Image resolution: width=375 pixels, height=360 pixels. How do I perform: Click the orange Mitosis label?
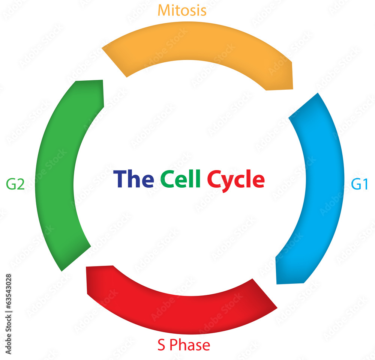click(x=182, y=10)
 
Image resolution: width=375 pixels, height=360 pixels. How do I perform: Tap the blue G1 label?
click(x=359, y=184)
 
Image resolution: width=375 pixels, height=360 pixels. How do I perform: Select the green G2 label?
click(x=15, y=184)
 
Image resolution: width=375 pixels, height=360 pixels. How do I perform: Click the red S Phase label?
click(x=184, y=345)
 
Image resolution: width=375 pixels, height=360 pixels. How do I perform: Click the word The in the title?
click(x=133, y=179)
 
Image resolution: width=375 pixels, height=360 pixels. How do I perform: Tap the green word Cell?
click(x=180, y=179)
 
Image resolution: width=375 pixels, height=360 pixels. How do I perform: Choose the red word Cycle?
click(x=236, y=180)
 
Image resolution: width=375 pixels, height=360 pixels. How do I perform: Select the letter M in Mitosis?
click(x=163, y=10)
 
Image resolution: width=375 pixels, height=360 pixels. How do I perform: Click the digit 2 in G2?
click(x=21, y=184)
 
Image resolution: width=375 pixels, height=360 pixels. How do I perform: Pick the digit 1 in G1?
click(x=364, y=184)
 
